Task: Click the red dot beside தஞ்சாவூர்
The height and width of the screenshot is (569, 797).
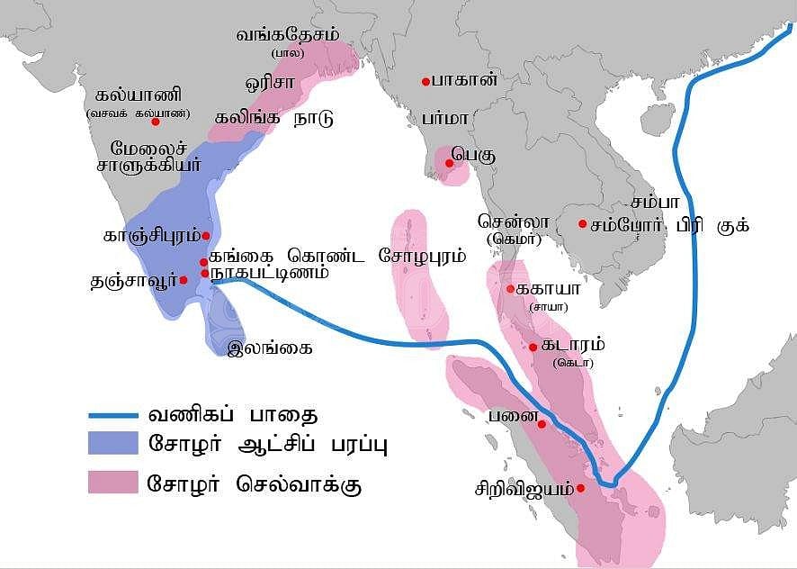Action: [x=184, y=280]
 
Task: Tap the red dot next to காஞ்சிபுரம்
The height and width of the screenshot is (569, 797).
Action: [x=206, y=236]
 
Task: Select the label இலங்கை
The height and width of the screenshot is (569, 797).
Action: [x=270, y=346]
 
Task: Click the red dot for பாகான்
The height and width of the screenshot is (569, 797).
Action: [x=425, y=82]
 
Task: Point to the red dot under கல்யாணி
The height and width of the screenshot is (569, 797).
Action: [x=156, y=121]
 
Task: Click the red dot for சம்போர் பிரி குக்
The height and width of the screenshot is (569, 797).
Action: [x=583, y=224]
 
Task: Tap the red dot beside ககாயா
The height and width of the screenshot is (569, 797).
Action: [x=510, y=289]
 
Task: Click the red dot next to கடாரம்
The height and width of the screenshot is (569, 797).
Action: [x=533, y=347]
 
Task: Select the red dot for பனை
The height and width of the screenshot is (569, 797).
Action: [x=542, y=424]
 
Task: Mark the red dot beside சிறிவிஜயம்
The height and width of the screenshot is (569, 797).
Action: [x=581, y=488]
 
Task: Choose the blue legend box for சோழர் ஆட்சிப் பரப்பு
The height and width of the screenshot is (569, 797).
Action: [x=113, y=445]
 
